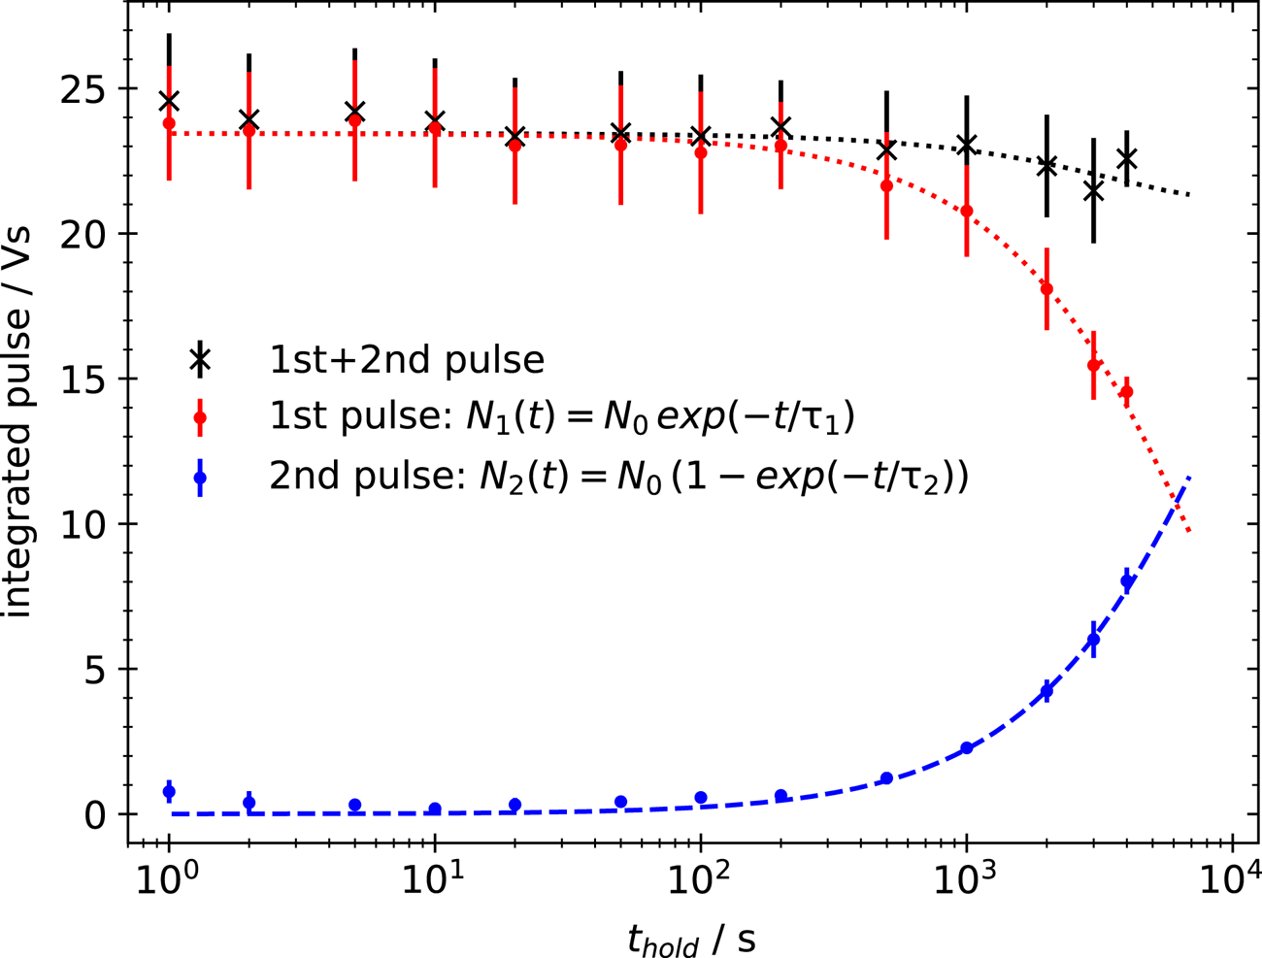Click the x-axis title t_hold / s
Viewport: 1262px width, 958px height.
click(x=691, y=938)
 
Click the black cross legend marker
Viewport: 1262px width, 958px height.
click(x=200, y=360)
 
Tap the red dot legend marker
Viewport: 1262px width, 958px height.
click(x=200, y=419)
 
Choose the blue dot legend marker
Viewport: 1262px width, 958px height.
click(x=200, y=478)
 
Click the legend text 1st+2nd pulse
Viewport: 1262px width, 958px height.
click(x=407, y=360)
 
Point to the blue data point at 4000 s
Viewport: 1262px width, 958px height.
click(x=1126, y=581)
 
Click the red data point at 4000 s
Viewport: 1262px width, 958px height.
click(x=1126, y=392)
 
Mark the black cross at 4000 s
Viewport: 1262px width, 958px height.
click(x=1126, y=158)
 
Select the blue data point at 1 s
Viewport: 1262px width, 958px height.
click(x=169, y=792)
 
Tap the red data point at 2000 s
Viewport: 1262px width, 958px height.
click(x=1046, y=288)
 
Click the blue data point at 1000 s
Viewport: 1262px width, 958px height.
click(x=967, y=748)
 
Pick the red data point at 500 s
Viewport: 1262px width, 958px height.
click(x=886, y=185)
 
